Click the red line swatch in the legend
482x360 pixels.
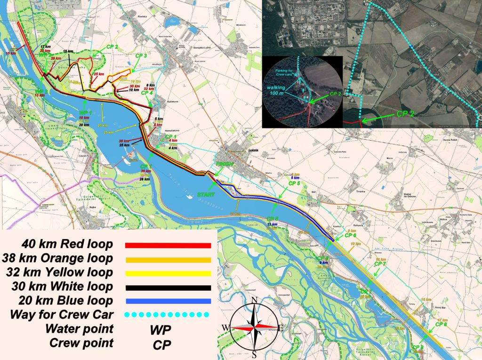click(168, 246)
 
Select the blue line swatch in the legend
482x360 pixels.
click(168, 301)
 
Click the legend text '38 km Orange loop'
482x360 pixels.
click(57, 258)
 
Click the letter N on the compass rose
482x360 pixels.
click(254, 300)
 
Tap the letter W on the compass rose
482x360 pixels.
click(226, 328)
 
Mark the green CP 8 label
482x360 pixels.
click(441, 324)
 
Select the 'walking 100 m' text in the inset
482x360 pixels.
click(281, 90)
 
